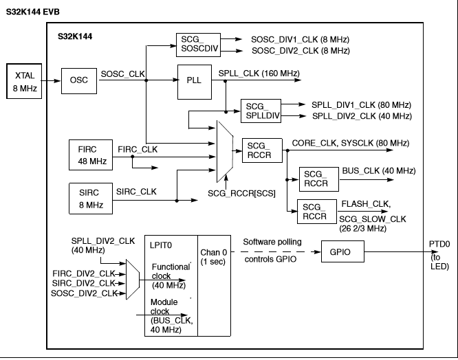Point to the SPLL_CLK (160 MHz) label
(259, 72)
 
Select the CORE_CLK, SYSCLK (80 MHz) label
(350, 143)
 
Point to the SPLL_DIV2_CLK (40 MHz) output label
(361, 116)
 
